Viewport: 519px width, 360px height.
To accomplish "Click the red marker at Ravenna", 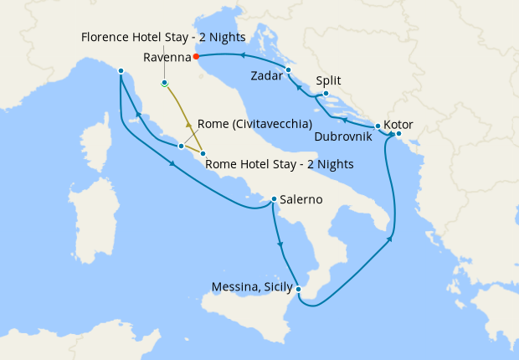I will point(195,57).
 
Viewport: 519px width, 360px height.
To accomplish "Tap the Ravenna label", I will point(166,57).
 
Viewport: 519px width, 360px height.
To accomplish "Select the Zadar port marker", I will point(288,69).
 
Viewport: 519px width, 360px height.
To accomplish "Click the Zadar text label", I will point(267,76).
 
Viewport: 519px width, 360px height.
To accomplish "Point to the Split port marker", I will point(326,94).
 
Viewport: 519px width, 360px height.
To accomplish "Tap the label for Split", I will point(329,81).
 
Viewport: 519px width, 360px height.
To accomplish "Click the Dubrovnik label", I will point(344,136).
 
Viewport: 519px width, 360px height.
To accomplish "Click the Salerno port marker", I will point(274,199).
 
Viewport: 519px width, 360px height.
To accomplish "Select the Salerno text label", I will point(302,200).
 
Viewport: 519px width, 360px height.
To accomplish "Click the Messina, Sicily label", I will point(251,287).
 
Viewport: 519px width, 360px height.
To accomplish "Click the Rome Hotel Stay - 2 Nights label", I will point(279,163).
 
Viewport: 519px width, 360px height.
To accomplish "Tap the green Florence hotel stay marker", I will point(165,84).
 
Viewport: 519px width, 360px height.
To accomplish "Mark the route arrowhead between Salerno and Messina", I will point(280,244).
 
